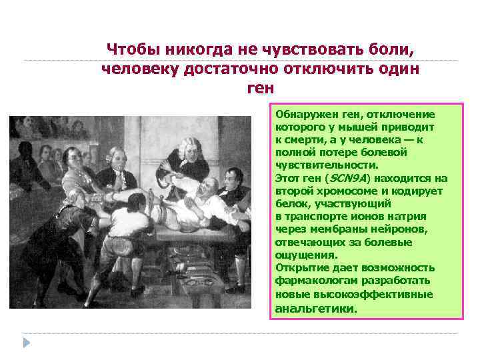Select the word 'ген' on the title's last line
click(x=260, y=89)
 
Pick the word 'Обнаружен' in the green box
click(x=301, y=114)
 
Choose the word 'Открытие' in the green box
click(x=298, y=267)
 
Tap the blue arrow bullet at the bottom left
click(x=27, y=342)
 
